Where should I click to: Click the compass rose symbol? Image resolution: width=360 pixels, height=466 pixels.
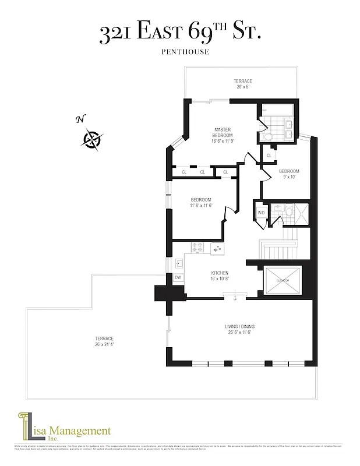click(x=93, y=139)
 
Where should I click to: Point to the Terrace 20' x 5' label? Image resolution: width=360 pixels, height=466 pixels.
click(x=242, y=84)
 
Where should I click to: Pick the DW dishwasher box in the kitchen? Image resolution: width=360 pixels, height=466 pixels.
click(x=178, y=278)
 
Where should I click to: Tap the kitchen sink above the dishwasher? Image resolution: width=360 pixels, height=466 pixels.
click(x=178, y=264)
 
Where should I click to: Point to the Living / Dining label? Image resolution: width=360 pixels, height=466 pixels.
click(x=240, y=329)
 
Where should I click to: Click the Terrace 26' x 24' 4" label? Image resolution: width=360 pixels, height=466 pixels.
click(x=104, y=341)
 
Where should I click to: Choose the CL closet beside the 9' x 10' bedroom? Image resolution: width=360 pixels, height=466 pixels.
click(x=269, y=156)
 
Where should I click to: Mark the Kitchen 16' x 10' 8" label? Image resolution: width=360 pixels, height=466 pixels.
click(x=220, y=276)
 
